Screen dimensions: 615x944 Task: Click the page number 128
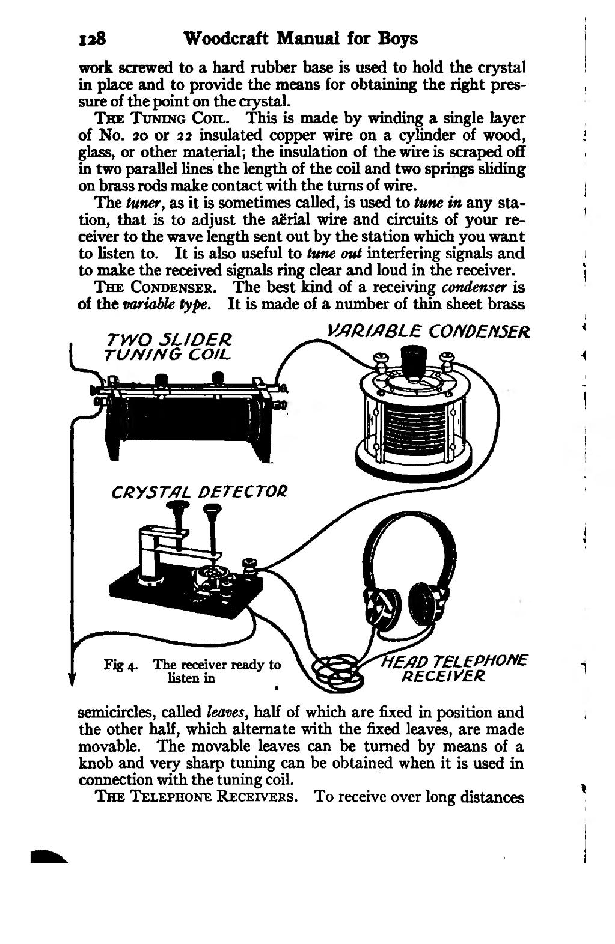pos(92,39)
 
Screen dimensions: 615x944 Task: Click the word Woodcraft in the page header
pos(227,39)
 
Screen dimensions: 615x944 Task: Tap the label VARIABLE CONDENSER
pos(428,331)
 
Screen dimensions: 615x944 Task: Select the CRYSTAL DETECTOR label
pos(199,492)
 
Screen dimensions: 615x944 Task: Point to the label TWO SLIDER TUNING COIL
pos(168,347)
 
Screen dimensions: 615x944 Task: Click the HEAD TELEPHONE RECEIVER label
pos(453,668)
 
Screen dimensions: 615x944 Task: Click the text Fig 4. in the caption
pos(121,665)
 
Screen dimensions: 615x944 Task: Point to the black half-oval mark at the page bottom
pos(49,857)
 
